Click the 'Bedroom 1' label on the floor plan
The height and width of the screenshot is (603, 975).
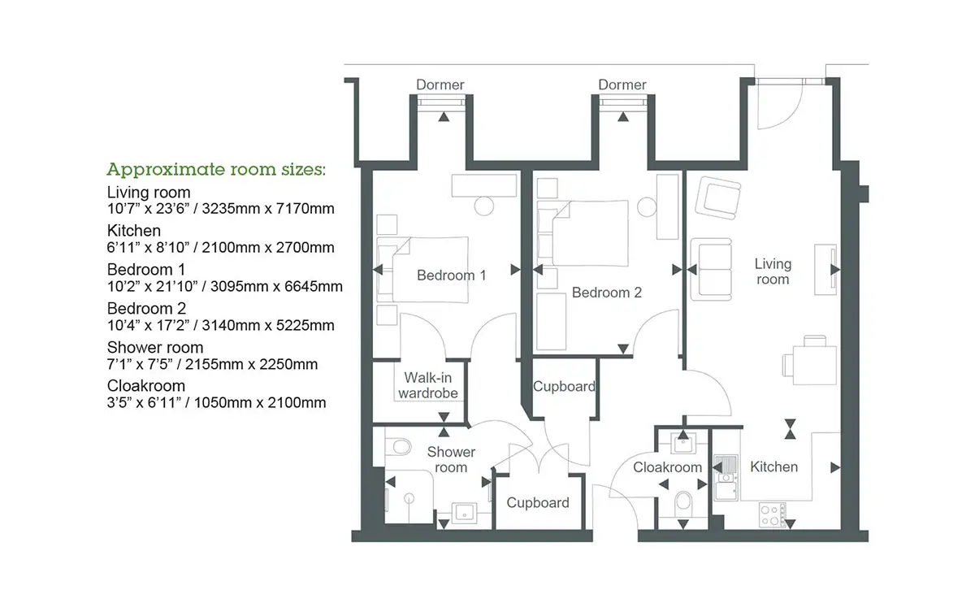(x=451, y=275)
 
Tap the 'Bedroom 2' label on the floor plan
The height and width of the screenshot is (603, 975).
(x=606, y=292)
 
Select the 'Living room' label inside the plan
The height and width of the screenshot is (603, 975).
(x=773, y=271)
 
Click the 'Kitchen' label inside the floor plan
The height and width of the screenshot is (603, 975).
(x=773, y=466)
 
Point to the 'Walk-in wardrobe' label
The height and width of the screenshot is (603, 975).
(x=428, y=385)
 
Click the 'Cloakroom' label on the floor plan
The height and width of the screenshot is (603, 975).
(x=667, y=467)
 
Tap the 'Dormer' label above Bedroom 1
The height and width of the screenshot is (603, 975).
(x=440, y=85)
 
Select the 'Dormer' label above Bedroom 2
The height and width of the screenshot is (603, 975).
(x=622, y=85)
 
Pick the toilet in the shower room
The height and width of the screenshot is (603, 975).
(x=398, y=447)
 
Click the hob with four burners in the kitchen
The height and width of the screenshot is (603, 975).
(x=771, y=515)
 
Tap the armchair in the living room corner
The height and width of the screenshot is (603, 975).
(x=717, y=197)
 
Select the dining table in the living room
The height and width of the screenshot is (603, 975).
(x=814, y=365)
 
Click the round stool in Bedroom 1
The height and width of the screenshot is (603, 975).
(x=483, y=206)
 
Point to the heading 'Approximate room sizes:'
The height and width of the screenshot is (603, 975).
(x=216, y=169)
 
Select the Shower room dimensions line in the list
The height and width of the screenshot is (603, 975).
(x=212, y=364)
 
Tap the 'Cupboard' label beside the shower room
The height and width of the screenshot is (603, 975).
(x=538, y=503)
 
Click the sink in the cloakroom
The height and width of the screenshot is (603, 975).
(x=683, y=444)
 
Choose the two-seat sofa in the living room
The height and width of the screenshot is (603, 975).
(x=711, y=269)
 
